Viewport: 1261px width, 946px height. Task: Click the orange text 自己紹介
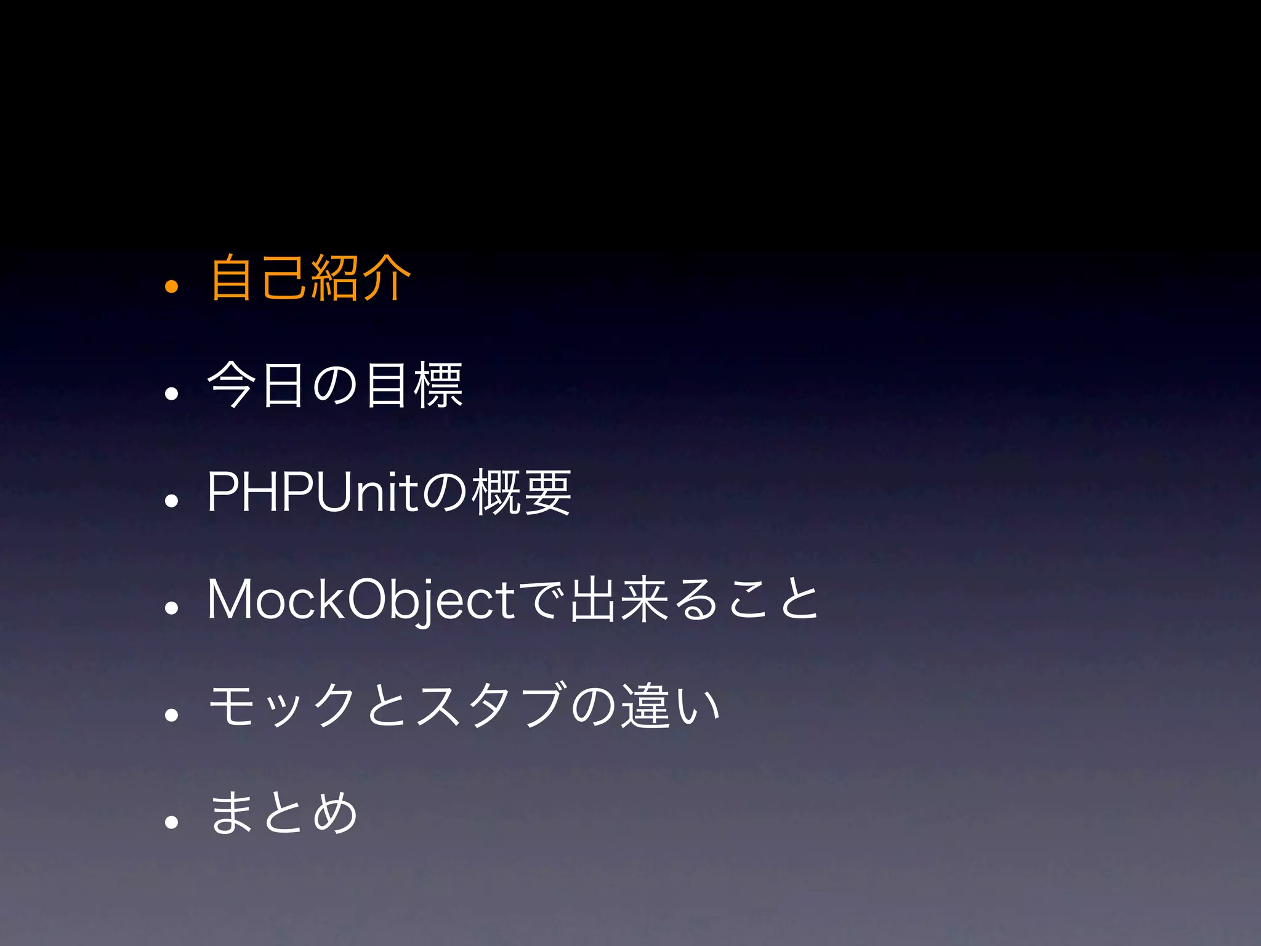pyautogui.click(x=310, y=278)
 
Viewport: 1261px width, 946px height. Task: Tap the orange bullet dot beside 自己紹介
pyautogui.click(x=171, y=286)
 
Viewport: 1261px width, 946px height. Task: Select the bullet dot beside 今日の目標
pyautogui.click(x=171, y=393)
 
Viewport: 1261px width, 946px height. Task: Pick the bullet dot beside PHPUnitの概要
pyautogui.click(x=171, y=500)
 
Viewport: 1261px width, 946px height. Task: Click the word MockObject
pyautogui.click(x=361, y=600)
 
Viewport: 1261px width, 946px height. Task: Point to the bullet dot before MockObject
pyautogui.click(x=171, y=607)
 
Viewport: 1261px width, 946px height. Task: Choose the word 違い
pyautogui.click(x=671, y=706)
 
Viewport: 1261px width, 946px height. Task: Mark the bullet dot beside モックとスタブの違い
pyautogui.click(x=171, y=714)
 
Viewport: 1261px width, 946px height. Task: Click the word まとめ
pyautogui.click(x=283, y=813)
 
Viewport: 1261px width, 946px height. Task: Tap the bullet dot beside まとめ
pyautogui.click(x=171, y=822)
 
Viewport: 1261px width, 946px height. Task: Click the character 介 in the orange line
pyautogui.click(x=387, y=278)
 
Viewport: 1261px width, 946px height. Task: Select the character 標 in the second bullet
pyautogui.click(x=438, y=386)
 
